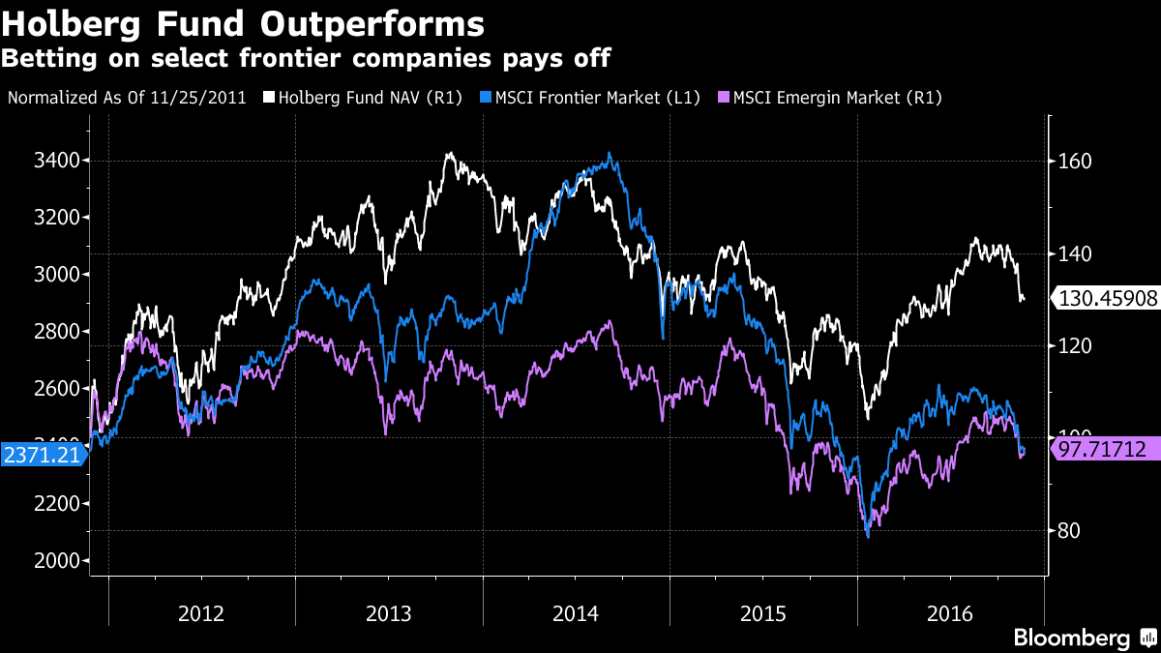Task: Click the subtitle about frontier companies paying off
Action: click(305, 58)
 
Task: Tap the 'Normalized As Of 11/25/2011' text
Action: click(127, 98)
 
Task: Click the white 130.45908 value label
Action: click(1108, 299)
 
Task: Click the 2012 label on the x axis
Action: click(202, 613)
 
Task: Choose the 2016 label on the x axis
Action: click(951, 613)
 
